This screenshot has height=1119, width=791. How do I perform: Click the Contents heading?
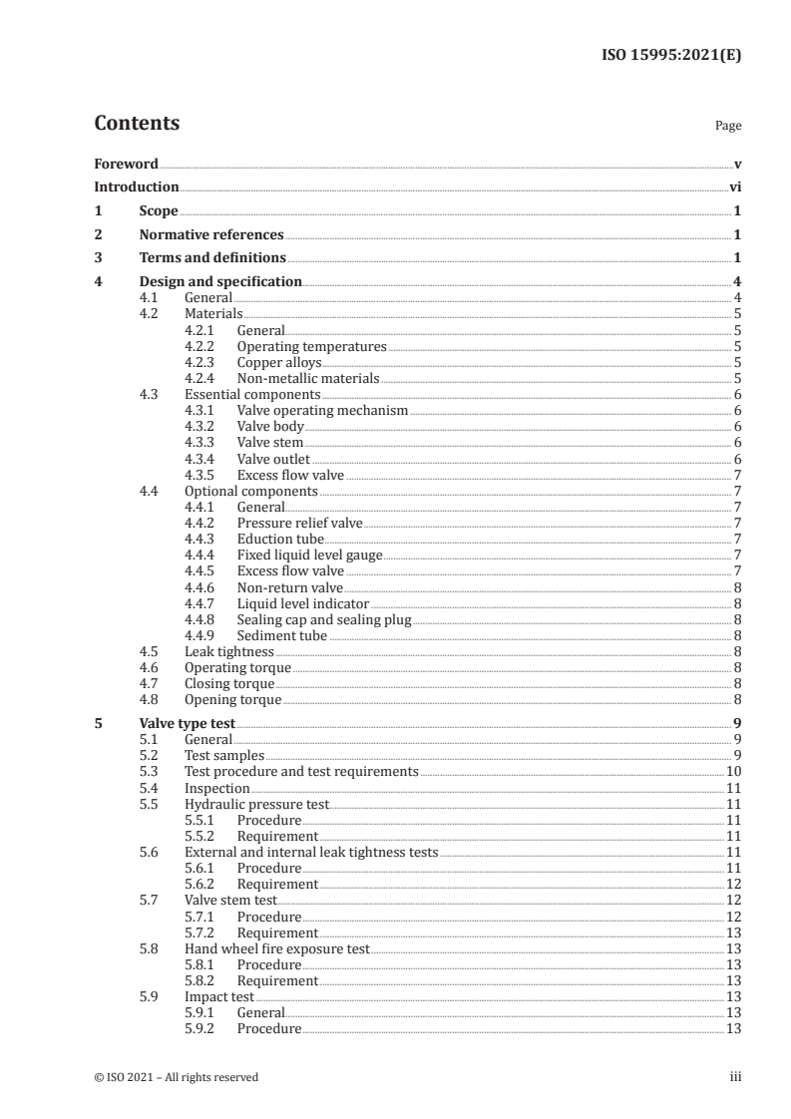tap(137, 124)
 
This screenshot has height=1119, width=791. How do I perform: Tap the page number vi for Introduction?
tap(734, 186)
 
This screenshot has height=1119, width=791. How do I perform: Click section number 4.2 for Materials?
tap(150, 314)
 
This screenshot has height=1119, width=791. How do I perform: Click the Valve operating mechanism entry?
tap(323, 411)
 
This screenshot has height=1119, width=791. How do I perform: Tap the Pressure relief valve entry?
tap(300, 523)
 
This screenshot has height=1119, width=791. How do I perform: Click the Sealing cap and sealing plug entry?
tap(324, 619)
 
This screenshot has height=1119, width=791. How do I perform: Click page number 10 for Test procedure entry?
tap(732, 772)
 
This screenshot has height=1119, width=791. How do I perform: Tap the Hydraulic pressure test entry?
tap(257, 804)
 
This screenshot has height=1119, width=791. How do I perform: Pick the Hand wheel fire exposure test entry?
tap(277, 948)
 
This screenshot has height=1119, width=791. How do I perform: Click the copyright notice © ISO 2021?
tap(176, 1077)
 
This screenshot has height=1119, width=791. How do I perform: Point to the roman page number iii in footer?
tap(735, 1077)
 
